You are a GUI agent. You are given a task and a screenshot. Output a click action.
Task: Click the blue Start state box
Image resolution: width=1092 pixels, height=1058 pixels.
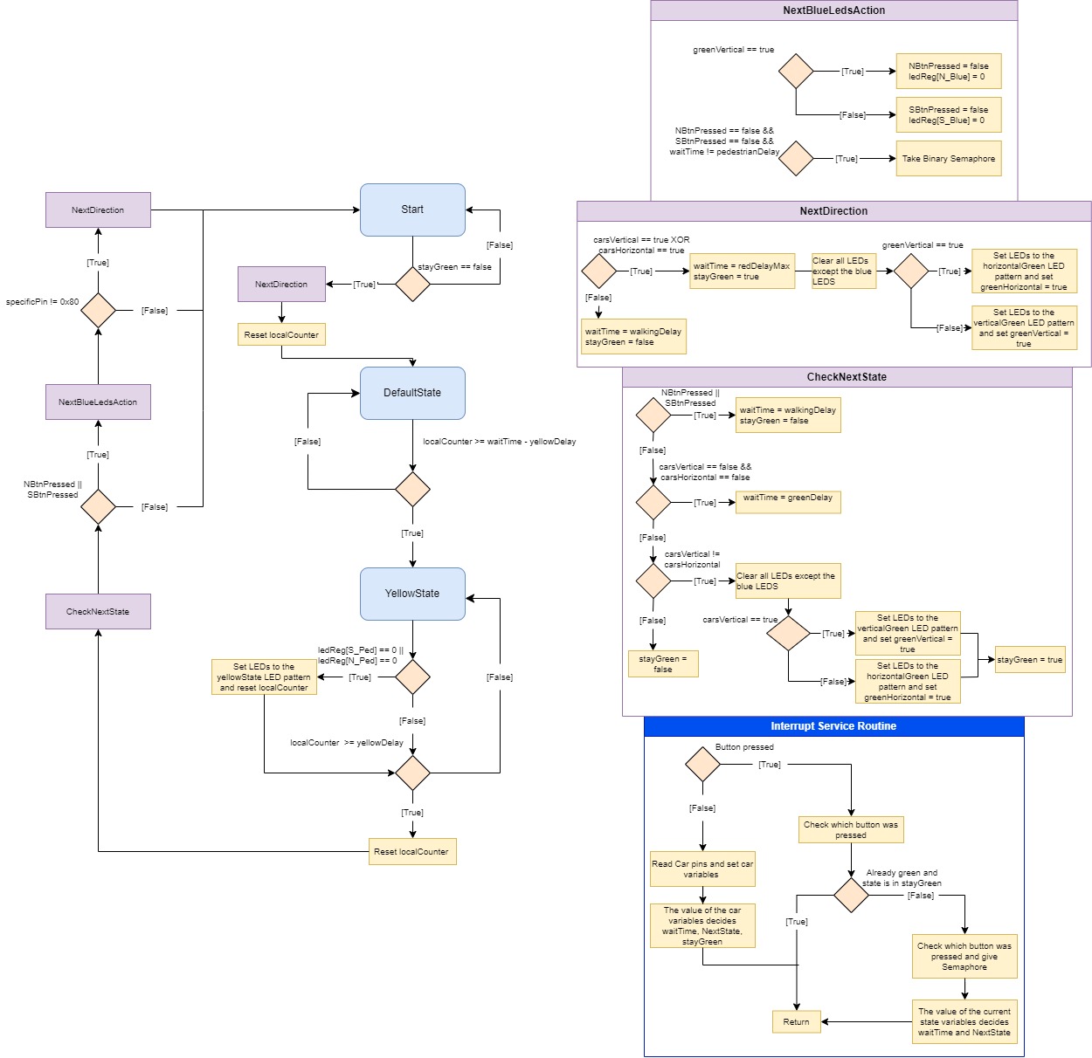click(412, 210)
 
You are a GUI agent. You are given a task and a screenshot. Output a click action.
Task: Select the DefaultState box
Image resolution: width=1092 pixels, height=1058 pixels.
click(412, 393)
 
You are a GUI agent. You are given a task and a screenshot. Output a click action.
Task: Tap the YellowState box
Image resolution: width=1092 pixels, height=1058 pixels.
click(412, 594)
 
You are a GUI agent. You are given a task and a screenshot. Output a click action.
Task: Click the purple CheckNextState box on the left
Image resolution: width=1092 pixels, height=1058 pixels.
click(98, 611)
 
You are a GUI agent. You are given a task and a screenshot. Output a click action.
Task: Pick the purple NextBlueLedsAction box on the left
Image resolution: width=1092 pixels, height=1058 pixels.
click(98, 402)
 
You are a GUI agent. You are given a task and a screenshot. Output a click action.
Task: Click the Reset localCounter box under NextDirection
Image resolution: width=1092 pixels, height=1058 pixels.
click(281, 334)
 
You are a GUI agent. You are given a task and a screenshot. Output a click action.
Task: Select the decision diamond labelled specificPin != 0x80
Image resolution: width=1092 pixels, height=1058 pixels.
click(98, 310)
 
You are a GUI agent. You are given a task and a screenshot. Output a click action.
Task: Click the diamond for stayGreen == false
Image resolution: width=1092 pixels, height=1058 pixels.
click(412, 284)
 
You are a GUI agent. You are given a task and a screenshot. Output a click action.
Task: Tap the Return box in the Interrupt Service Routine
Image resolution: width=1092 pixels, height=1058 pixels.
click(796, 1021)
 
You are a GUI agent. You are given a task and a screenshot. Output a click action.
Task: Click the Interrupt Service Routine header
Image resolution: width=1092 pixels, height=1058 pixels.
click(833, 726)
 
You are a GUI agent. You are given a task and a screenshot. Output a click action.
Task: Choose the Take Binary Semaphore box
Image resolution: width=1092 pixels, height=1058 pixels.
click(948, 159)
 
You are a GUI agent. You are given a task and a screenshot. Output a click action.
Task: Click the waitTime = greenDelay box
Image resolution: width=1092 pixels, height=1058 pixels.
click(787, 501)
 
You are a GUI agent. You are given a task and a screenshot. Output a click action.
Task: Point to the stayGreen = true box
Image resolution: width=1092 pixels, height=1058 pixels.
click(1030, 660)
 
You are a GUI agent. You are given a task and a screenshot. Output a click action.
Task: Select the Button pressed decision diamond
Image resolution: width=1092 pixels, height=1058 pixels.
click(702, 764)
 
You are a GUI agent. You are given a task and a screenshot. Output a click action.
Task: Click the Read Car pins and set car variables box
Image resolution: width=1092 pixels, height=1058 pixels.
click(702, 869)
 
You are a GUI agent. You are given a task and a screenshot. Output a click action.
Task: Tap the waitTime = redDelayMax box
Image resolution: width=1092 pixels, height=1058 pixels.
click(742, 271)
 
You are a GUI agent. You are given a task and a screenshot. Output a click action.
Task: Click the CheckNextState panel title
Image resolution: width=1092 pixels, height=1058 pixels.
click(847, 377)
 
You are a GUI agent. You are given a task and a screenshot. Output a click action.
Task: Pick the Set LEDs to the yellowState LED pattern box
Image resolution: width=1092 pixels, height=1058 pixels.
click(264, 677)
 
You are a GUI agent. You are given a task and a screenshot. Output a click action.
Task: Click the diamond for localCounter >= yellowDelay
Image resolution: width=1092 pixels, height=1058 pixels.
click(412, 773)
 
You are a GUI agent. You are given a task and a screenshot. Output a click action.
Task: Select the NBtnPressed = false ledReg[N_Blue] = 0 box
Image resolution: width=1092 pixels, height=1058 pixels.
click(948, 72)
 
